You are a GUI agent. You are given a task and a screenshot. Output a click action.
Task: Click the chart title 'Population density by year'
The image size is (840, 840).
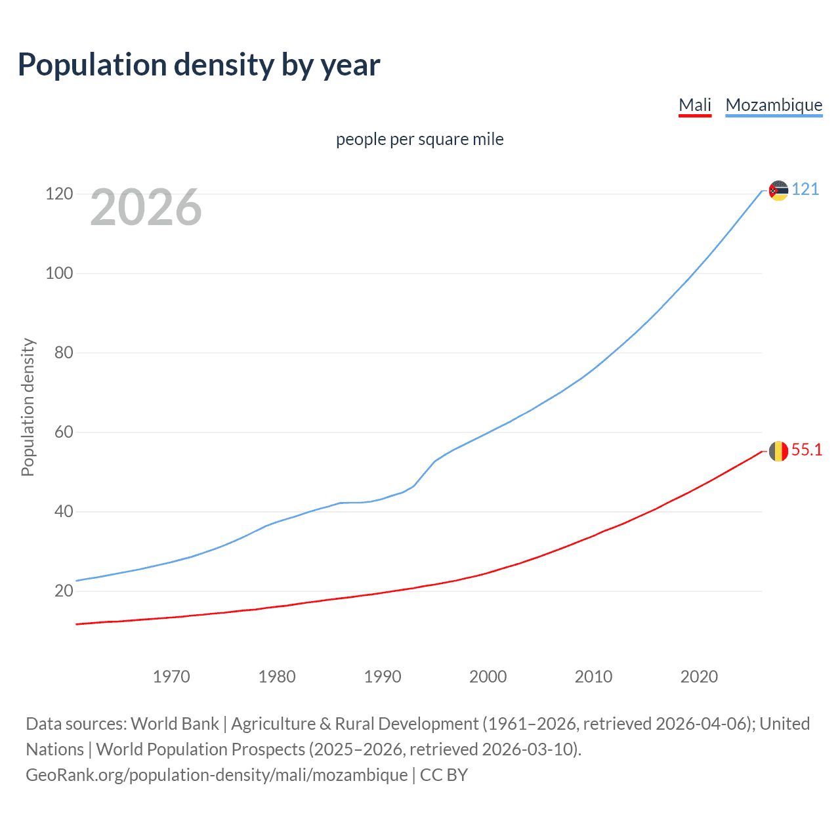tap(199, 65)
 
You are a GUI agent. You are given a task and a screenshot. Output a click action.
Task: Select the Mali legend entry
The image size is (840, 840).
tap(695, 105)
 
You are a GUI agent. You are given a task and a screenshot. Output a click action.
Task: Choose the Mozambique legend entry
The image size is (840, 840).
tap(774, 105)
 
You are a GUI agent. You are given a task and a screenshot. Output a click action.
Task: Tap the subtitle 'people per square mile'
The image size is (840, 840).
tap(419, 140)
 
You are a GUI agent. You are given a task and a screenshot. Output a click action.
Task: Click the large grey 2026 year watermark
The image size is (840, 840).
tap(146, 207)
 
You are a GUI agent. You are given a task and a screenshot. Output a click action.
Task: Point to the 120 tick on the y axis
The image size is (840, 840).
tap(59, 194)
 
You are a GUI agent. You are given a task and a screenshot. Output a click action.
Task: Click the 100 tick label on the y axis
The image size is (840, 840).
tap(59, 274)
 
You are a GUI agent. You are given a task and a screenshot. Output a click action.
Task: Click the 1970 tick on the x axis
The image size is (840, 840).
tap(171, 677)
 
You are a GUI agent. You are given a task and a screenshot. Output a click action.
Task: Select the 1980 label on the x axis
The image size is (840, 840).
tap(277, 677)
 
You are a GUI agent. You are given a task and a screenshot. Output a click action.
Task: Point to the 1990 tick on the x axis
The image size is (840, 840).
tap(383, 677)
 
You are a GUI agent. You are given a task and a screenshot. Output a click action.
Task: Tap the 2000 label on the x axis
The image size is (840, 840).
tap(488, 677)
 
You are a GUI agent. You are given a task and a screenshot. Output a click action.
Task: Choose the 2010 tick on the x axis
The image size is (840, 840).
tap(593, 677)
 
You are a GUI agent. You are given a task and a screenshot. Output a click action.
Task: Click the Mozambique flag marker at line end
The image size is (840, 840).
tap(778, 190)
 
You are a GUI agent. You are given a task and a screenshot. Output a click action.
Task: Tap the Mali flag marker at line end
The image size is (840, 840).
tap(778, 451)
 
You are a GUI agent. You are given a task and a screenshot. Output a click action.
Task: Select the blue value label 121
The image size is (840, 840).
tap(805, 190)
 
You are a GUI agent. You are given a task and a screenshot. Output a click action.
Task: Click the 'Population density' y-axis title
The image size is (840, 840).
tap(28, 407)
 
